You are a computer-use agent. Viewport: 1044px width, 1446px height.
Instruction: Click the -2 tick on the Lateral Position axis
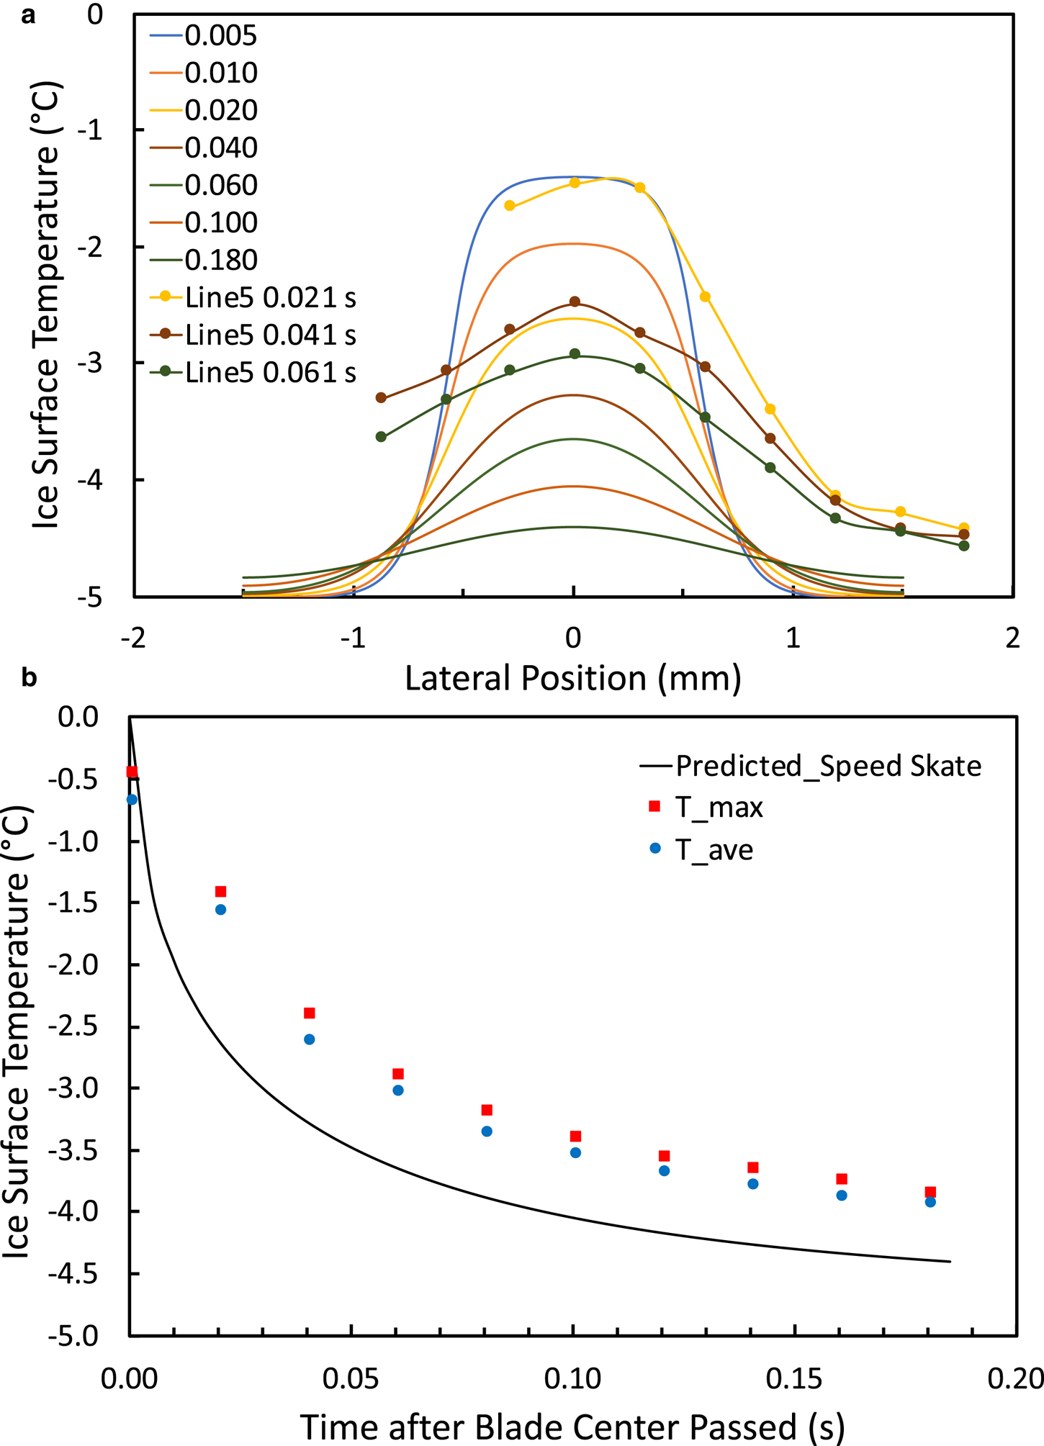[134, 637]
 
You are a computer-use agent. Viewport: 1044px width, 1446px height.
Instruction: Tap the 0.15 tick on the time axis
[794, 1378]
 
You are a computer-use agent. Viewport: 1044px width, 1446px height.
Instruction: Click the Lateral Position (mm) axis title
[572, 678]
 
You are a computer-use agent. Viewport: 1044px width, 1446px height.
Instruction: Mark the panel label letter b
[29, 677]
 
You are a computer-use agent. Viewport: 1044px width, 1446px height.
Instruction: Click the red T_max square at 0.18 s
[930, 1192]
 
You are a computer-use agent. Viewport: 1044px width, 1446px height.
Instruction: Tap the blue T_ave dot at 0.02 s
[220, 910]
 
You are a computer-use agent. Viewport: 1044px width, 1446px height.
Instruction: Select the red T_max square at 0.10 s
[575, 1136]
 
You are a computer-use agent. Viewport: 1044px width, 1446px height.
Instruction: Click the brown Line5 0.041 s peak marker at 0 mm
[575, 302]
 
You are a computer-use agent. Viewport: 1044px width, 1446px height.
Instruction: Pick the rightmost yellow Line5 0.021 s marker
[964, 528]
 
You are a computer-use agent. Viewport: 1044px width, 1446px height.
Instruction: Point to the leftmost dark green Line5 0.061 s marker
[381, 437]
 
